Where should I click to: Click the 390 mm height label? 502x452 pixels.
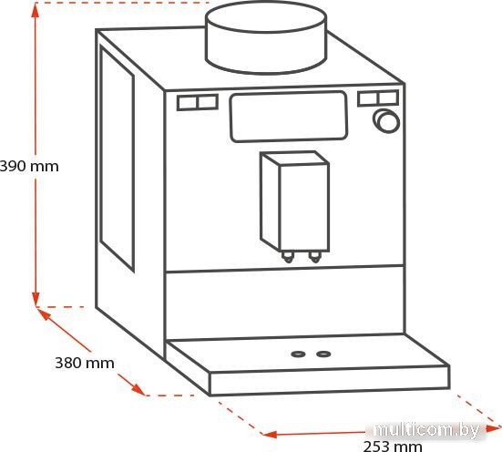coord(29,167)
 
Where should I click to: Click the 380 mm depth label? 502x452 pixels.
coord(85,363)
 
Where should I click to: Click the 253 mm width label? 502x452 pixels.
coord(393,447)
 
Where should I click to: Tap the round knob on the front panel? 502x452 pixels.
coord(386,121)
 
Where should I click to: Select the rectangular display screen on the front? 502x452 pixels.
coord(289,117)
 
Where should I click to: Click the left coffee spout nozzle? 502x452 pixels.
coord(288,257)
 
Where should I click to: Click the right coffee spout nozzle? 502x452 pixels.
coord(314,257)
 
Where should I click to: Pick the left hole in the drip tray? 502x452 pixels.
coord(298,354)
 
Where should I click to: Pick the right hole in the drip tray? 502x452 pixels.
coord(323,354)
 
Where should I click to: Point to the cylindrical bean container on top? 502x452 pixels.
coord(266,36)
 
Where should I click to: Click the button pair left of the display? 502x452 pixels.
coord(198,102)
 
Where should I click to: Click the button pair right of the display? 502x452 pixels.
coord(378,98)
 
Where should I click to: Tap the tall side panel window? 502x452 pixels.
coord(117,158)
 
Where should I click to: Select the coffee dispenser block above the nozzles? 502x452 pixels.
coord(294,201)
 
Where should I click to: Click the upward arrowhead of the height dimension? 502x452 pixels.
coord(36,10)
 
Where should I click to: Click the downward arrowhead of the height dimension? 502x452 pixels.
coord(36,299)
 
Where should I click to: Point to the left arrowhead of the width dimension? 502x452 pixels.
coord(269,435)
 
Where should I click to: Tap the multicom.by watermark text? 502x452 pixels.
coord(426,429)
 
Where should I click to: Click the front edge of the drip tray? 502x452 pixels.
coord(330,381)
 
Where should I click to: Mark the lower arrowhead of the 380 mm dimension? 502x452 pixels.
coord(138,389)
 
